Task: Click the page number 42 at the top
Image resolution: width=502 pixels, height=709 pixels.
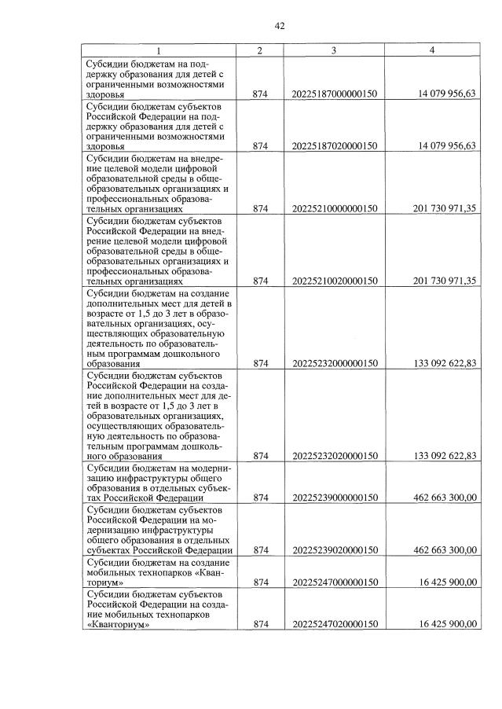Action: (x=280, y=26)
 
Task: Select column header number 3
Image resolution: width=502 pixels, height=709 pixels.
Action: (x=334, y=50)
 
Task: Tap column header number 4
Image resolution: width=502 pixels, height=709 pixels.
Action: (x=432, y=50)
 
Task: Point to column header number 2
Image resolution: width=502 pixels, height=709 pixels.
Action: (x=260, y=50)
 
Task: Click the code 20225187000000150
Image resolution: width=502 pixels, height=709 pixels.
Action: (x=335, y=94)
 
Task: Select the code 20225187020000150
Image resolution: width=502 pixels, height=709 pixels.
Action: (x=335, y=145)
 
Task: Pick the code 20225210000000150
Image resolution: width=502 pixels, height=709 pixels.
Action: (x=335, y=209)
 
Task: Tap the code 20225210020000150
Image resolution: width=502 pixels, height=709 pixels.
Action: (x=335, y=281)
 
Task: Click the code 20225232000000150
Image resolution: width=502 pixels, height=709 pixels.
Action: (x=335, y=363)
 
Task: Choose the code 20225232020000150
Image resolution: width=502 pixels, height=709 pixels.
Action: (x=335, y=455)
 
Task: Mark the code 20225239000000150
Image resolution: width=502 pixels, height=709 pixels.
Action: (x=335, y=498)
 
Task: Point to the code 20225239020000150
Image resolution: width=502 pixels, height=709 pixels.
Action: (x=335, y=550)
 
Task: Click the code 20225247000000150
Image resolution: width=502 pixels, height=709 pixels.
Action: (x=335, y=582)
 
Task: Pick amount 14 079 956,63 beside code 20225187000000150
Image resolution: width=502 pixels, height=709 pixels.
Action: (x=445, y=94)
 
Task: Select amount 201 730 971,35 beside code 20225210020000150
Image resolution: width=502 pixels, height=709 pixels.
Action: (x=444, y=281)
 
